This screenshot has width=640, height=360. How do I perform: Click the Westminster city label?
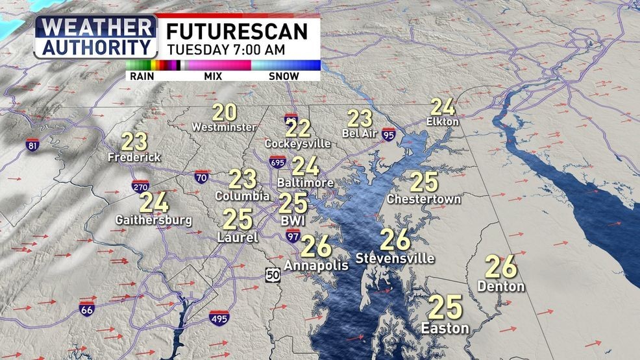(x=224, y=127)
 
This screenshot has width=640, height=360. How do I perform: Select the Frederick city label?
(x=134, y=157)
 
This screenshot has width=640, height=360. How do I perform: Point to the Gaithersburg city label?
(x=154, y=220)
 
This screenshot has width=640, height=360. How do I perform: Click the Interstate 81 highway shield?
(x=32, y=145)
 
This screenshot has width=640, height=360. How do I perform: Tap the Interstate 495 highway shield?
(x=219, y=318)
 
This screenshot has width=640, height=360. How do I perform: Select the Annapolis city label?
(x=312, y=265)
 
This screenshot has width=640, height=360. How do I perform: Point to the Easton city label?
(x=445, y=328)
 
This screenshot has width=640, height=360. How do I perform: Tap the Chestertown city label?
(x=424, y=199)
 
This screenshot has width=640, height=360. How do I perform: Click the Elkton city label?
(x=443, y=121)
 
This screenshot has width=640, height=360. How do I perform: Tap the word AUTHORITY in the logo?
(x=95, y=47)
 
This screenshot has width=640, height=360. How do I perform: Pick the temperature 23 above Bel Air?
(x=360, y=118)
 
